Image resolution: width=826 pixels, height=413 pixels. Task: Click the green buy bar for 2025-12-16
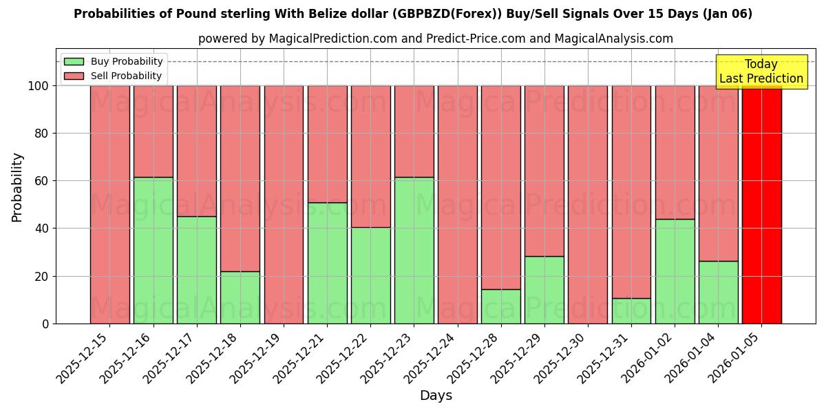pyautogui.click(x=153, y=251)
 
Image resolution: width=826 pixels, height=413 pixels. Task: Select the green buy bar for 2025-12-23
pyautogui.click(x=414, y=251)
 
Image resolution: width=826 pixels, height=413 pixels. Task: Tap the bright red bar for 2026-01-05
pyautogui.click(x=762, y=204)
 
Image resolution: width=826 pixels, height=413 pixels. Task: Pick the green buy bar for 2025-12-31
pyautogui.click(x=631, y=310)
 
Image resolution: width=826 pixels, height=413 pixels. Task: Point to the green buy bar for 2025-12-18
pyautogui.click(x=240, y=297)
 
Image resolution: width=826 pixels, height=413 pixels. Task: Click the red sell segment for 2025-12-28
pyautogui.click(x=501, y=187)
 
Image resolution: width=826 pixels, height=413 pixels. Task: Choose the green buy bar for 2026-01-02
pyautogui.click(x=675, y=271)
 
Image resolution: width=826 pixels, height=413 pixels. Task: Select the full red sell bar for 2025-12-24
pyautogui.click(x=458, y=204)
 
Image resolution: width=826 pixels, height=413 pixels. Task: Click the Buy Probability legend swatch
pyautogui.click(x=74, y=62)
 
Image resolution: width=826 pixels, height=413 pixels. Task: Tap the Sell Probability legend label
pyautogui.click(x=126, y=76)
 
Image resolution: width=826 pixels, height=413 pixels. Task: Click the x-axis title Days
pyautogui.click(x=436, y=396)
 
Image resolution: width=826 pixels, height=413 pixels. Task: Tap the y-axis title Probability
pyautogui.click(x=17, y=187)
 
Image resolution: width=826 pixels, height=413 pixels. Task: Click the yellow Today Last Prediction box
pyautogui.click(x=761, y=72)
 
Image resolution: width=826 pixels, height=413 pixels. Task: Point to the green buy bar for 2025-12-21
pyautogui.click(x=327, y=263)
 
